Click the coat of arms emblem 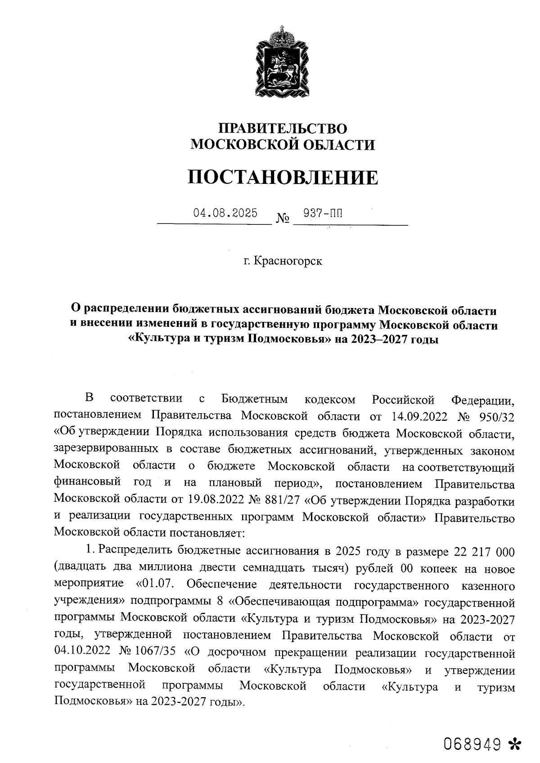282,63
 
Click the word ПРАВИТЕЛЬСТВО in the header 283,129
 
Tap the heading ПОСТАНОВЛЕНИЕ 283,178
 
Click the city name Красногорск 288,261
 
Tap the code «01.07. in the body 158,585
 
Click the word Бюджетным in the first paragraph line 255,399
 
